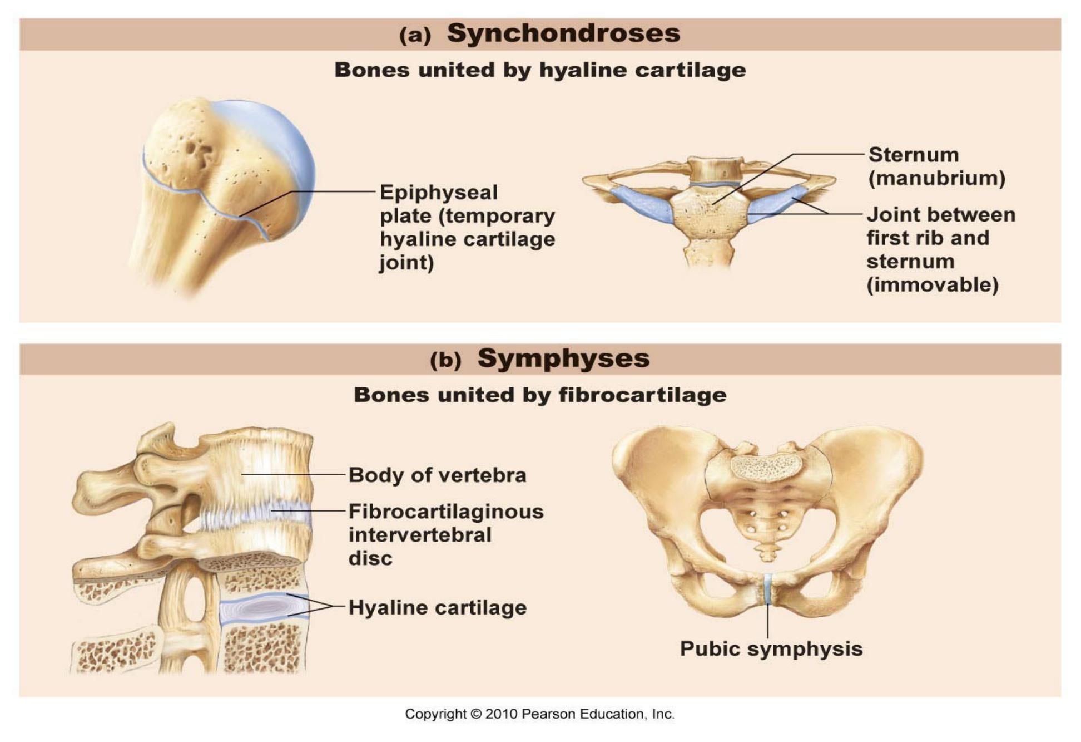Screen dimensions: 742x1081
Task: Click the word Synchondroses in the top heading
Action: coord(563,33)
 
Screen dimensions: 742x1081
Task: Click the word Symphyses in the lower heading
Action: coord(563,358)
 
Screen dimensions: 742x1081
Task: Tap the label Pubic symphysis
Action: coord(771,649)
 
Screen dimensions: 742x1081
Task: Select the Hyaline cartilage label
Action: coord(437,608)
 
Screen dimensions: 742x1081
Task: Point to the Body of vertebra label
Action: coord(437,475)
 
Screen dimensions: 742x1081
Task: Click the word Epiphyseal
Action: coord(438,193)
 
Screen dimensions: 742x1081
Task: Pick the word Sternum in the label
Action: coord(913,155)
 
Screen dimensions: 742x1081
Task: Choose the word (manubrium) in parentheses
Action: coord(936,178)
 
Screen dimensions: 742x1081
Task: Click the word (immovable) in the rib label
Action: coord(933,285)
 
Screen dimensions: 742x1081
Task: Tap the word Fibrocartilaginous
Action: coord(446,512)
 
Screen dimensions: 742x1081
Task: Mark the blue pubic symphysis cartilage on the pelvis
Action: coord(767,589)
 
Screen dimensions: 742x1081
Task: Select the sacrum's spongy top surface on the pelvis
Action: coord(766,467)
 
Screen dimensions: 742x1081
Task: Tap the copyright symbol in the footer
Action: coord(475,714)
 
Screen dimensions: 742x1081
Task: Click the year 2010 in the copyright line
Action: coord(501,714)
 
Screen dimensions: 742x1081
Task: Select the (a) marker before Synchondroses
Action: coord(415,36)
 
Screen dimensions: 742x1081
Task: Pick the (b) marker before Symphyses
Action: coord(445,360)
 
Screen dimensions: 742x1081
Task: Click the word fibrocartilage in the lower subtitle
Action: coord(642,395)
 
